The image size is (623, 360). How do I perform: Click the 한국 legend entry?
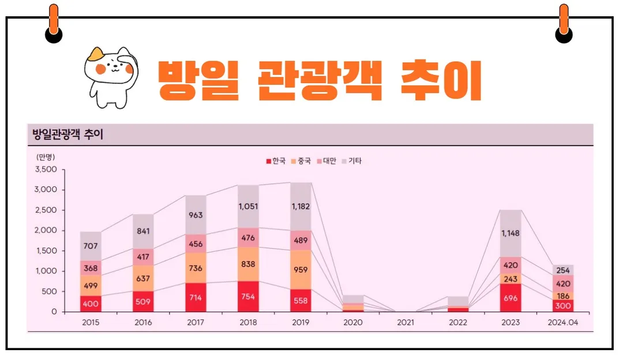pos(276,161)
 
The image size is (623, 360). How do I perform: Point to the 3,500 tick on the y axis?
pos(46,170)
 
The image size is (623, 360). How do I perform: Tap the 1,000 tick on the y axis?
pos(46,271)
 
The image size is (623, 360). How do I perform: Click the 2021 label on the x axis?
pos(406,322)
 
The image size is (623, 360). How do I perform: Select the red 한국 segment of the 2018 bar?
pos(248,297)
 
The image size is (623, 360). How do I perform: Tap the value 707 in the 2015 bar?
pos(91,246)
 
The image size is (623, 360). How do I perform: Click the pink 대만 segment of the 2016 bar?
pos(143,257)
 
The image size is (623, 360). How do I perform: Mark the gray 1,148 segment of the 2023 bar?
pos(511,234)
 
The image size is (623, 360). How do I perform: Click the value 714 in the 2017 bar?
pos(196,298)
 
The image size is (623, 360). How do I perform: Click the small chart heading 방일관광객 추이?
pos(67,135)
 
